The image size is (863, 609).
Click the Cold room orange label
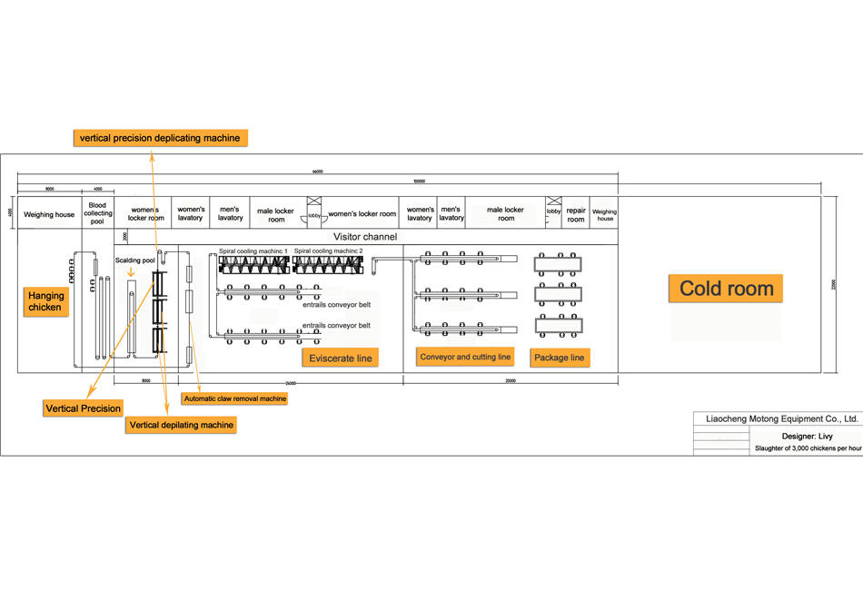[726, 289]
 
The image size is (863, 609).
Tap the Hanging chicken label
[45, 301]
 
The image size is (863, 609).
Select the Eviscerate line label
[341, 359]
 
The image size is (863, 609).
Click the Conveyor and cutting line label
[465, 357]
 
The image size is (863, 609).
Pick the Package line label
[559, 358]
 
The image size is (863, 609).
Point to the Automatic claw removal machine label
[234, 398]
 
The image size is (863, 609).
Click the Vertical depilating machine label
[182, 425]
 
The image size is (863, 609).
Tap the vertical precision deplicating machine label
[160, 138]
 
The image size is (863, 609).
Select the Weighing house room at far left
[49, 215]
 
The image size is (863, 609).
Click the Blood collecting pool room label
[97, 213]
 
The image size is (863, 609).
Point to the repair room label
[576, 214]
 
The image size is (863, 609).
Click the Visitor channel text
[365, 237]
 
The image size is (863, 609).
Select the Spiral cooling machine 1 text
[253, 250]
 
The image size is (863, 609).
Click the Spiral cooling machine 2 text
[328, 250]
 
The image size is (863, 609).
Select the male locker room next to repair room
[506, 214]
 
